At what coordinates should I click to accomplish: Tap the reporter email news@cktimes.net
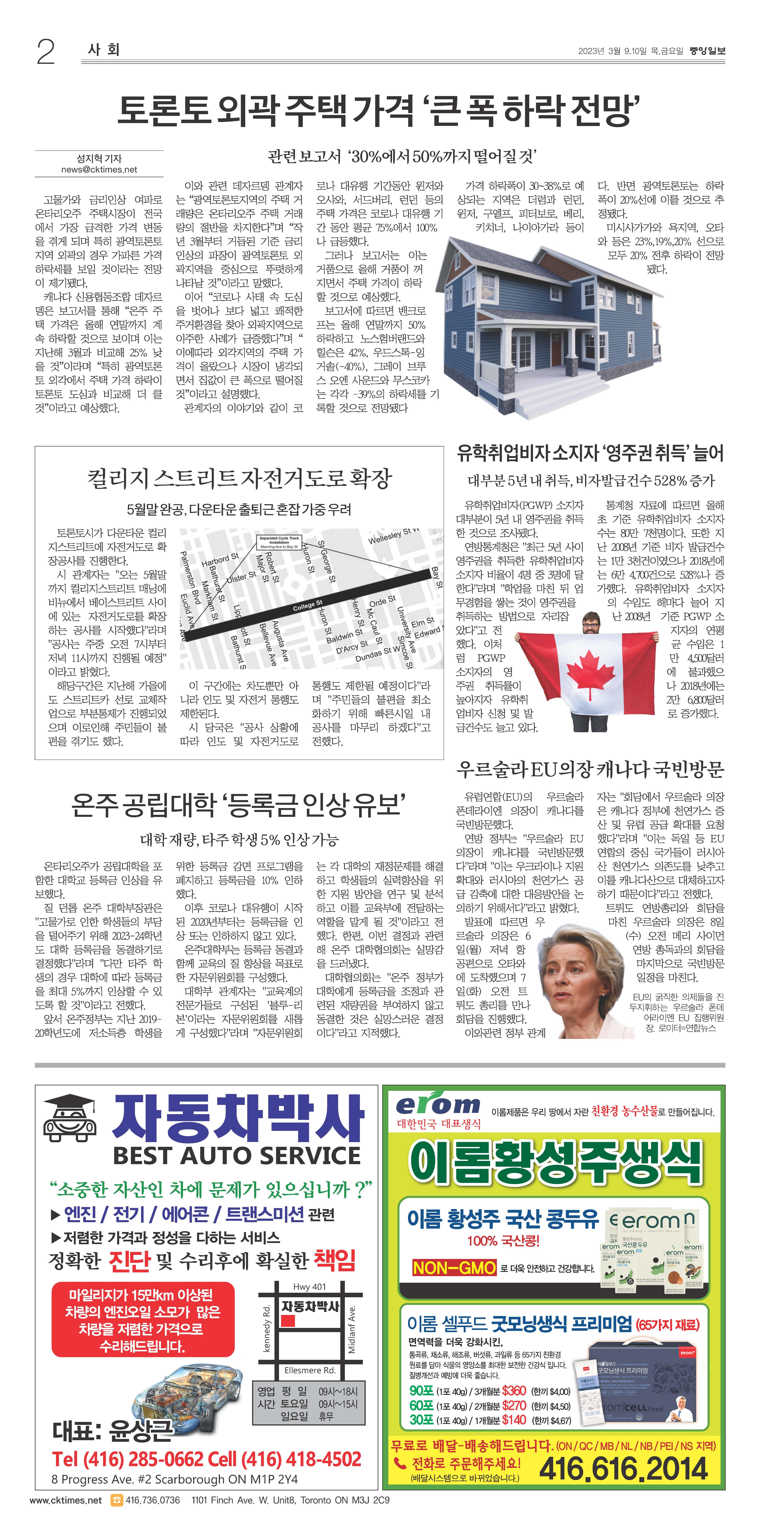(99, 170)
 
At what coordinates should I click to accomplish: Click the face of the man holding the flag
(591, 625)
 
